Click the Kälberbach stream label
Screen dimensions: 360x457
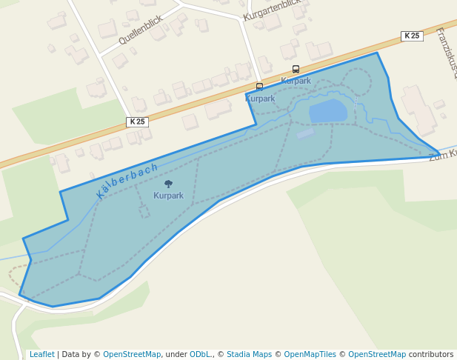[127, 180]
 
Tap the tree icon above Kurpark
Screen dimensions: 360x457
[168, 184]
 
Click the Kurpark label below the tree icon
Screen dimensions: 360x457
[168, 196]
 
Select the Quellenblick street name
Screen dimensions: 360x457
[140, 30]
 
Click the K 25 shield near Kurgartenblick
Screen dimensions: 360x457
[411, 36]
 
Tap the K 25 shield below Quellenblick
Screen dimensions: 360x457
[137, 121]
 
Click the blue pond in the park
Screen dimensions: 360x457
[327, 110]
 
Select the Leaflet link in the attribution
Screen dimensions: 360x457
[41, 354]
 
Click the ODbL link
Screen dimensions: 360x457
[199, 354]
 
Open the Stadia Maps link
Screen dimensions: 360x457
[249, 354]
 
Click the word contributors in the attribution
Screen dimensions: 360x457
[431, 354]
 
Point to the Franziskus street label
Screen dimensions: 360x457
[446, 53]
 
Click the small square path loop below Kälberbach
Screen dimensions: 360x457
[143, 211]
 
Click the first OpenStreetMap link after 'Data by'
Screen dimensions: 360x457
[132, 354]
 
